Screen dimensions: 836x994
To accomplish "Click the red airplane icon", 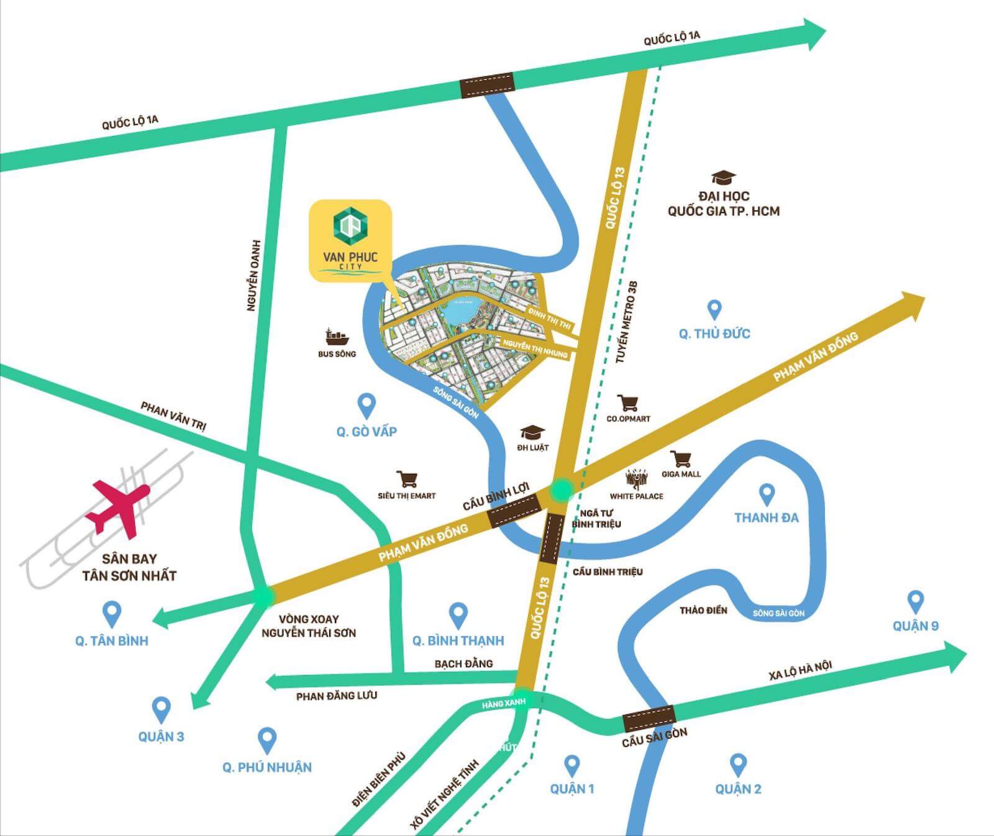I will point(118,506).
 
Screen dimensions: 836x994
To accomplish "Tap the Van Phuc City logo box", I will point(350,241).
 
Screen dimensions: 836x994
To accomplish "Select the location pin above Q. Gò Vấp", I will point(367,406).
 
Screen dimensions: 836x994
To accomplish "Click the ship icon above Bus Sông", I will point(337,337).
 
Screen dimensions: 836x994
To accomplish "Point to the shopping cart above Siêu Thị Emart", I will point(407,479).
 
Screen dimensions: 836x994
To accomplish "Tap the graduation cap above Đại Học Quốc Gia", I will point(723,178).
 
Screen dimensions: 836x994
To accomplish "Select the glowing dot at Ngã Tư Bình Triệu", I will point(562,489).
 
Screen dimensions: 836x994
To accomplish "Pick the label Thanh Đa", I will point(766,517).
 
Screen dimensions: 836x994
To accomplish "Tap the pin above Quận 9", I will point(915,601).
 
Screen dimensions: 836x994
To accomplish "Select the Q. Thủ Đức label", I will point(714,334).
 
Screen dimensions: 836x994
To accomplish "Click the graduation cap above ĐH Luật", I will point(532,432).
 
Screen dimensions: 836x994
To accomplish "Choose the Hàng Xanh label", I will point(504,702).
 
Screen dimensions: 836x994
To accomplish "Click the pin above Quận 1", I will point(572,765).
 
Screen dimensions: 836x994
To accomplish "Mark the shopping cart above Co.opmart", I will point(628,403).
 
